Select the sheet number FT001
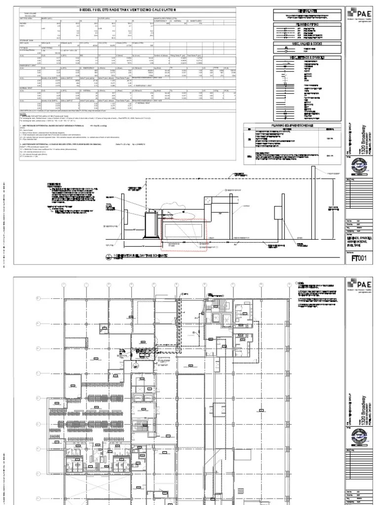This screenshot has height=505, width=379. point(359,257)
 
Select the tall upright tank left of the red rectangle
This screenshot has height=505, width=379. point(150,226)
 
